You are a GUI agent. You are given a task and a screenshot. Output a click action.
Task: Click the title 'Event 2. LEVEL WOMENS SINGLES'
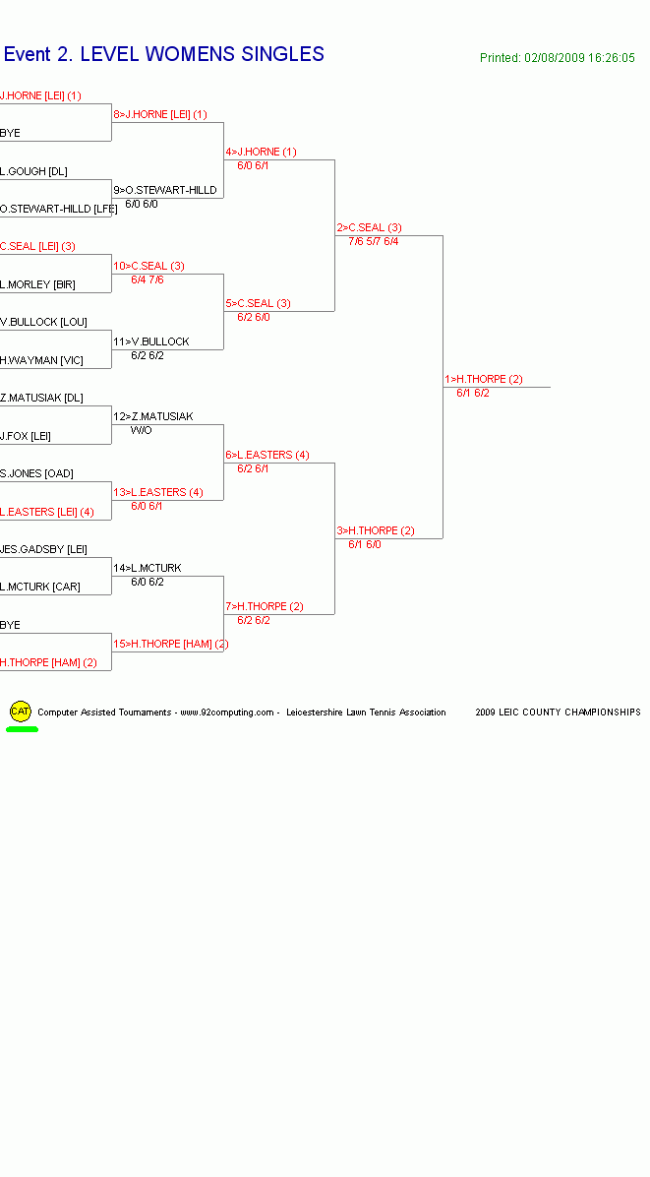tap(164, 54)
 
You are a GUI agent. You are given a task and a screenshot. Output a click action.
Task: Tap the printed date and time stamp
tap(557, 58)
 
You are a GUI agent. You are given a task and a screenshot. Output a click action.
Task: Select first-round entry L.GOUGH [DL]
tap(33, 171)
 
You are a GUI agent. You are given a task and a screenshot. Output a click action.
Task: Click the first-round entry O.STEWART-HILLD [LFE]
tap(58, 209)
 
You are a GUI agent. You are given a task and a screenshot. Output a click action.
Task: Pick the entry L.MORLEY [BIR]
tap(37, 284)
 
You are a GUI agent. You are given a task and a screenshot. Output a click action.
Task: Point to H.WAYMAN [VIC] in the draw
tap(41, 360)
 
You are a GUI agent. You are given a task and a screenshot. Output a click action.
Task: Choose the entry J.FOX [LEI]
tap(26, 436)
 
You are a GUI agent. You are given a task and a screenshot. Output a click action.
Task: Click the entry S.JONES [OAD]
tap(36, 473)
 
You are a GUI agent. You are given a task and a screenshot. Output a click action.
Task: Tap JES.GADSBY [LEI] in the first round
tap(43, 549)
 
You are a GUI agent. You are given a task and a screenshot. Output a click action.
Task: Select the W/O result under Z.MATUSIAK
tap(141, 430)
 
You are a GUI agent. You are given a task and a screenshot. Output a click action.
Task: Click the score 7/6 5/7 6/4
tap(374, 242)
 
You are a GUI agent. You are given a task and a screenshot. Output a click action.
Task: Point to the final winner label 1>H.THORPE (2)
tap(484, 379)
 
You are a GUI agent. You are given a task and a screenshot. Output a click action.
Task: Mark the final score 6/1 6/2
tap(473, 393)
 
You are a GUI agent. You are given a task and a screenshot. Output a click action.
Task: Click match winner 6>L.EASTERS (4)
tap(266, 455)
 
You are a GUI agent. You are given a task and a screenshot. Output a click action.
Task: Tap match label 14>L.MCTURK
tap(147, 568)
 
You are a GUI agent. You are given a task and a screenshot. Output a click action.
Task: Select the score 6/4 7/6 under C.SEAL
tap(147, 280)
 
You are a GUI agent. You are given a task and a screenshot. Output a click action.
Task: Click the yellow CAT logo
tap(21, 711)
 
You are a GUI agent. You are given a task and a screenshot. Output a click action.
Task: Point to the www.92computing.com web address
tap(227, 712)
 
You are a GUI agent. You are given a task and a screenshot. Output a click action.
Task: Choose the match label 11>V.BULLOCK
tap(150, 341)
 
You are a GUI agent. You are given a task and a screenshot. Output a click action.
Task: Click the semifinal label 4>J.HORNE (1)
tap(261, 152)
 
